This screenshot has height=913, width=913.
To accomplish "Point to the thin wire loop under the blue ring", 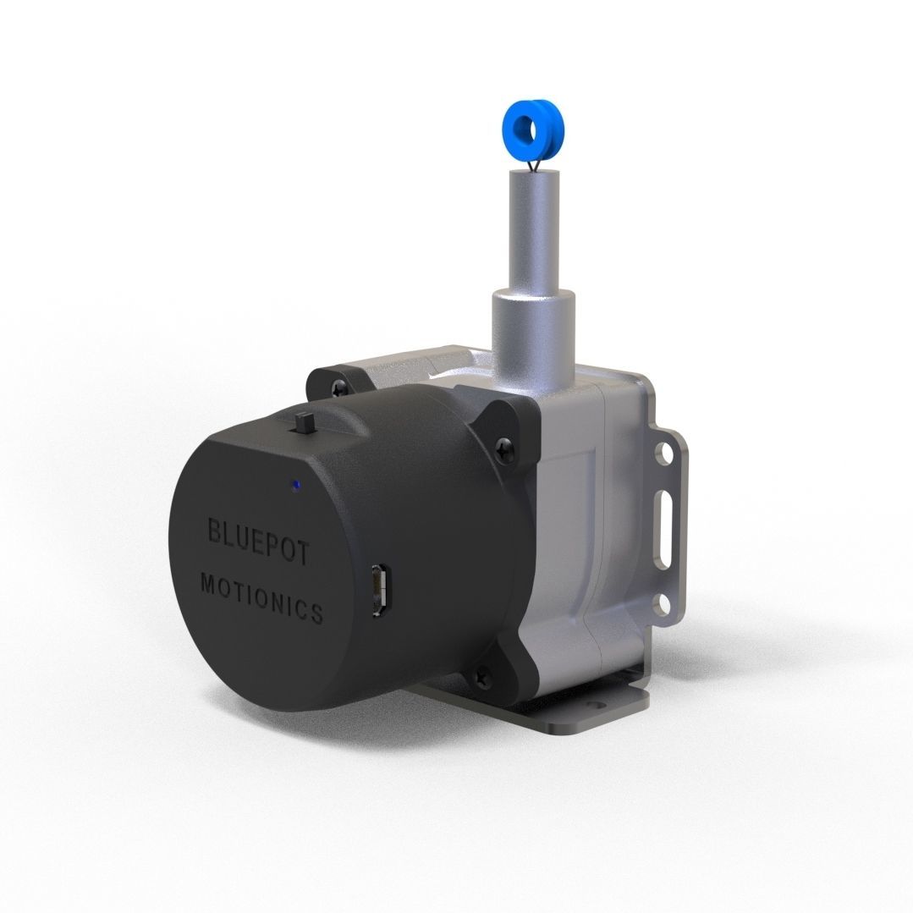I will pyautogui.click(x=532, y=165).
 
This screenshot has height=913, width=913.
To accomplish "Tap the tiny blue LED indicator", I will pyautogui.click(x=294, y=485).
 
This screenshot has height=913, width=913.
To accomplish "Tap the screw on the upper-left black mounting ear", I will pyautogui.click(x=339, y=388).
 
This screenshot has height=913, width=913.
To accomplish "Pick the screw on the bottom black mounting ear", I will pyautogui.click(x=483, y=674).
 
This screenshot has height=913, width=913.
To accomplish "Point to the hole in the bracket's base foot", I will pyautogui.click(x=603, y=703).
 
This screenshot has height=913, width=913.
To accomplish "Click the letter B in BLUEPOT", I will pyautogui.click(x=215, y=531).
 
